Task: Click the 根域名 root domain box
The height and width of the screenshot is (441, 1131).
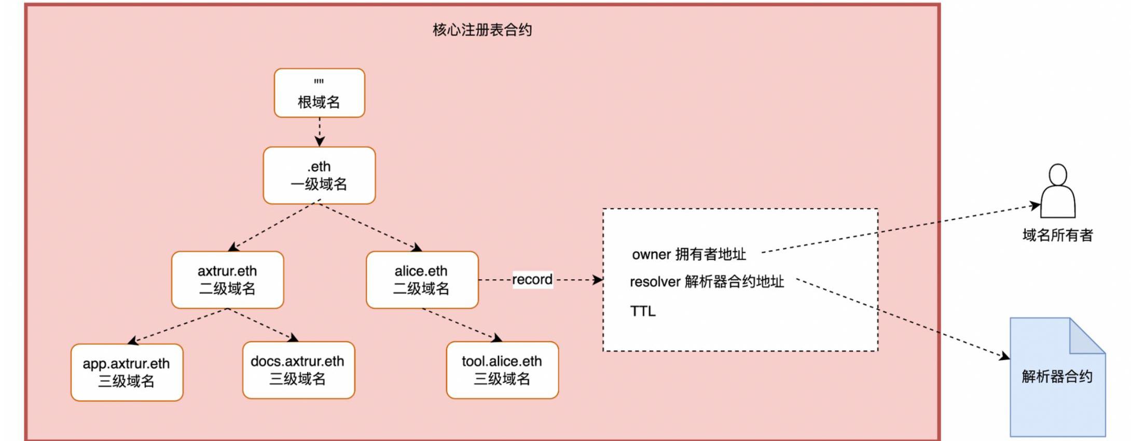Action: coord(319,93)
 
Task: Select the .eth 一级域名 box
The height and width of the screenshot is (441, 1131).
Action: coord(319,175)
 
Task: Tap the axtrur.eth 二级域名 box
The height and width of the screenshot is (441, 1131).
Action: coord(227,280)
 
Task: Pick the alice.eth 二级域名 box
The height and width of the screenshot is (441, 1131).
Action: coord(422,280)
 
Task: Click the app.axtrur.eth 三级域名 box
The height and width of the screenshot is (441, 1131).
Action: coord(127,372)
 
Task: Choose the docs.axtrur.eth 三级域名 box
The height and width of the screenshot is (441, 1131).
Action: coord(298,370)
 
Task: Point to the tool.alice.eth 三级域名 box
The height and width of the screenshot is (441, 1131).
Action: coord(502,370)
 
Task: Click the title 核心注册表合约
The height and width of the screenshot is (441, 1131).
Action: coord(482,30)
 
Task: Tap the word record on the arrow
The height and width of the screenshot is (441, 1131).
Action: coord(532,280)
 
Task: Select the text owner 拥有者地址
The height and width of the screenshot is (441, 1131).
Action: coord(688,254)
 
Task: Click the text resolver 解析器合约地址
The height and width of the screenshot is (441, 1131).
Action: coord(707,282)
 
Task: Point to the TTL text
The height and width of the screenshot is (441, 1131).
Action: coord(643,311)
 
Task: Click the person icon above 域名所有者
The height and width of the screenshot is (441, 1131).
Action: coord(1058,192)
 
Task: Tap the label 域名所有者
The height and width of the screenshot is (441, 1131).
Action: coord(1057,236)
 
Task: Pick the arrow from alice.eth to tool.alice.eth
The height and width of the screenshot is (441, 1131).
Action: coord(462,324)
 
